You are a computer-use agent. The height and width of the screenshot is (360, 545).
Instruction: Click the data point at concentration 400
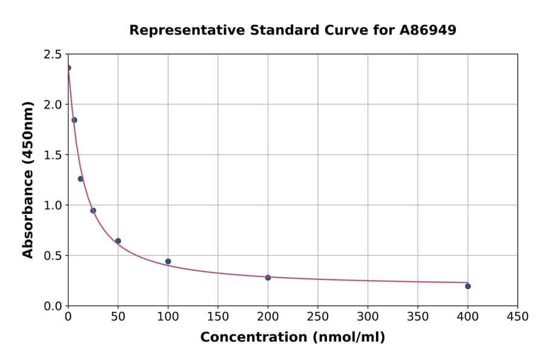tap(467, 286)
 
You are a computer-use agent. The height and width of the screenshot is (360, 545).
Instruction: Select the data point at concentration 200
tap(268, 278)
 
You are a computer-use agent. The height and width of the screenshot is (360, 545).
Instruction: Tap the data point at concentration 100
tap(168, 262)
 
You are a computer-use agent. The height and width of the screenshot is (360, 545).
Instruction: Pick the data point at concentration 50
tap(118, 241)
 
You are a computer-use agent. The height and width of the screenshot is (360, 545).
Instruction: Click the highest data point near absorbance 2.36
tap(68, 68)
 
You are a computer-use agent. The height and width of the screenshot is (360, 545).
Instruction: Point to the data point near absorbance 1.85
tap(74, 120)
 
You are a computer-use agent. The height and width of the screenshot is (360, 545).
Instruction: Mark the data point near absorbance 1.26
tap(81, 179)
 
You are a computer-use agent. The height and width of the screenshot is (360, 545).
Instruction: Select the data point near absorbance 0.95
tap(93, 211)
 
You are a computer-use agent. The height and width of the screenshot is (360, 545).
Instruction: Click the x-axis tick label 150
tap(218, 317)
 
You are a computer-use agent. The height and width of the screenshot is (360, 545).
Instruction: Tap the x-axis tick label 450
tap(517, 317)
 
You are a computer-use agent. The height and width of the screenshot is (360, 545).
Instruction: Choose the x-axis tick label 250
tap(318, 317)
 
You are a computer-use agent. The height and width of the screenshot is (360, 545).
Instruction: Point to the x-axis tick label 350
tap(417, 317)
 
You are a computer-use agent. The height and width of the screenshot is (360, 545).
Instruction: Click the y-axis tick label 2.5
tap(53, 55)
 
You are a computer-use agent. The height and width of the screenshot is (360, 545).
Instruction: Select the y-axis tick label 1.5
tap(53, 155)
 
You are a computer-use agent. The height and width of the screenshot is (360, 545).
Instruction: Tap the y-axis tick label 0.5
tap(53, 256)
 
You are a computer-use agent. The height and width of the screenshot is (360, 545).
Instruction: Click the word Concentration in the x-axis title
tap(254, 338)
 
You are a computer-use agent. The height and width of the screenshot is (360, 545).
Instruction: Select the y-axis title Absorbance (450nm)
tap(28, 179)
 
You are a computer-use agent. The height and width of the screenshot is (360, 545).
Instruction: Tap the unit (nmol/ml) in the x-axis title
tap(349, 338)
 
